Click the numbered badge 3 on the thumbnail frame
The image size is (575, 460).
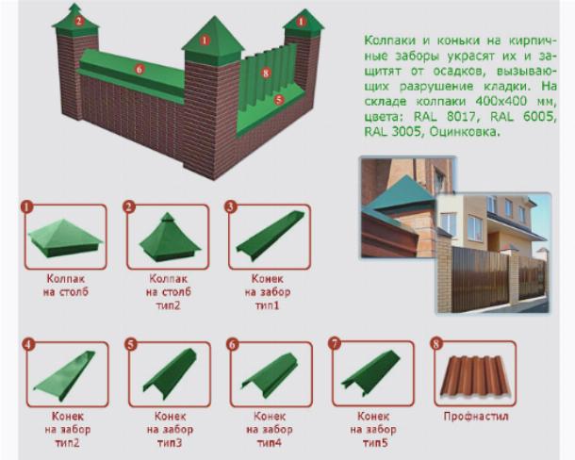[230, 206]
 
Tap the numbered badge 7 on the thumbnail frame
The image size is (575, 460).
[335, 344]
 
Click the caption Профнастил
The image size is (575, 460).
[476, 417]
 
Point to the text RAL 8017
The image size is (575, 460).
[445, 116]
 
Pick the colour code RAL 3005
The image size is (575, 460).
[392, 131]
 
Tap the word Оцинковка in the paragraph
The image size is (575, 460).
[465, 131]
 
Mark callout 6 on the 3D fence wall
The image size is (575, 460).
[139, 69]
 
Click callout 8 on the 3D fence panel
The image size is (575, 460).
[266, 73]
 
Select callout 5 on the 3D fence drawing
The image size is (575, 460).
[279, 99]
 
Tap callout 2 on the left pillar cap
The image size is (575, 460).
[79, 21]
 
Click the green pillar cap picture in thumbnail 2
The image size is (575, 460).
[169, 237]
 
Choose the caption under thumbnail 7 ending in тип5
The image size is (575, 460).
[373, 429]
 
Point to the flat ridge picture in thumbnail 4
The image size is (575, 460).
[65, 375]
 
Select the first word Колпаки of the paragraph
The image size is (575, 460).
[388, 41]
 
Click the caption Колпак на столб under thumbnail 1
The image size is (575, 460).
[66, 285]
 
